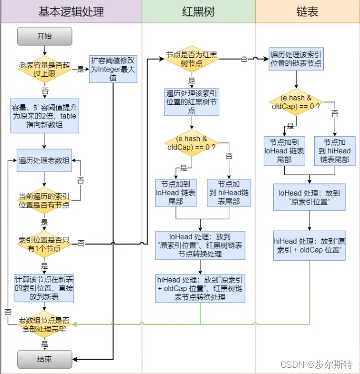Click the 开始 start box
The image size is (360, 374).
pyautogui.click(x=44, y=36)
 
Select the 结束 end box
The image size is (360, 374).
pyautogui.click(x=44, y=359)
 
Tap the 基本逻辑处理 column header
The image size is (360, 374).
pyautogui.click(x=71, y=12)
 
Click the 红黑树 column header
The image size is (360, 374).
pyautogui.click(x=198, y=12)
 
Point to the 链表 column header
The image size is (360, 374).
pyautogui.click(x=307, y=12)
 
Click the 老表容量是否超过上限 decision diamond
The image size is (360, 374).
pyautogui.click(x=44, y=69)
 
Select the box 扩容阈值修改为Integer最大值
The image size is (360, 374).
pyautogui.click(x=113, y=69)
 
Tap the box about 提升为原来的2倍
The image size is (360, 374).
pyautogui.click(x=44, y=116)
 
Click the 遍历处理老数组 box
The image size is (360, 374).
pyautogui.click(x=44, y=160)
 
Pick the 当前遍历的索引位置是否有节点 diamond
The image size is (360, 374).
pyautogui.click(x=44, y=201)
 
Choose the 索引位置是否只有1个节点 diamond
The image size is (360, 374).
pyautogui.click(x=44, y=243)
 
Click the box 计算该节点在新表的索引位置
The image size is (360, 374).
pyautogui.click(x=44, y=288)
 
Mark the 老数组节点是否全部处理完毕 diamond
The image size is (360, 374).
pyautogui.click(x=44, y=325)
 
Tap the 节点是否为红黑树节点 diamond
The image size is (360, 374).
pyautogui.click(x=192, y=59)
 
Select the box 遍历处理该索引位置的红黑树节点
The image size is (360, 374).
pyautogui.click(x=192, y=101)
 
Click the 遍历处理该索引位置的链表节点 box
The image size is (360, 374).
pyautogui.click(x=296, y=59)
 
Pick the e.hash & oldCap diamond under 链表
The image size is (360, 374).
pyautogui.click(x=296, y=102)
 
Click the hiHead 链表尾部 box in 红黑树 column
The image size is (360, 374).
pyautogui.click(x=229, y=193)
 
